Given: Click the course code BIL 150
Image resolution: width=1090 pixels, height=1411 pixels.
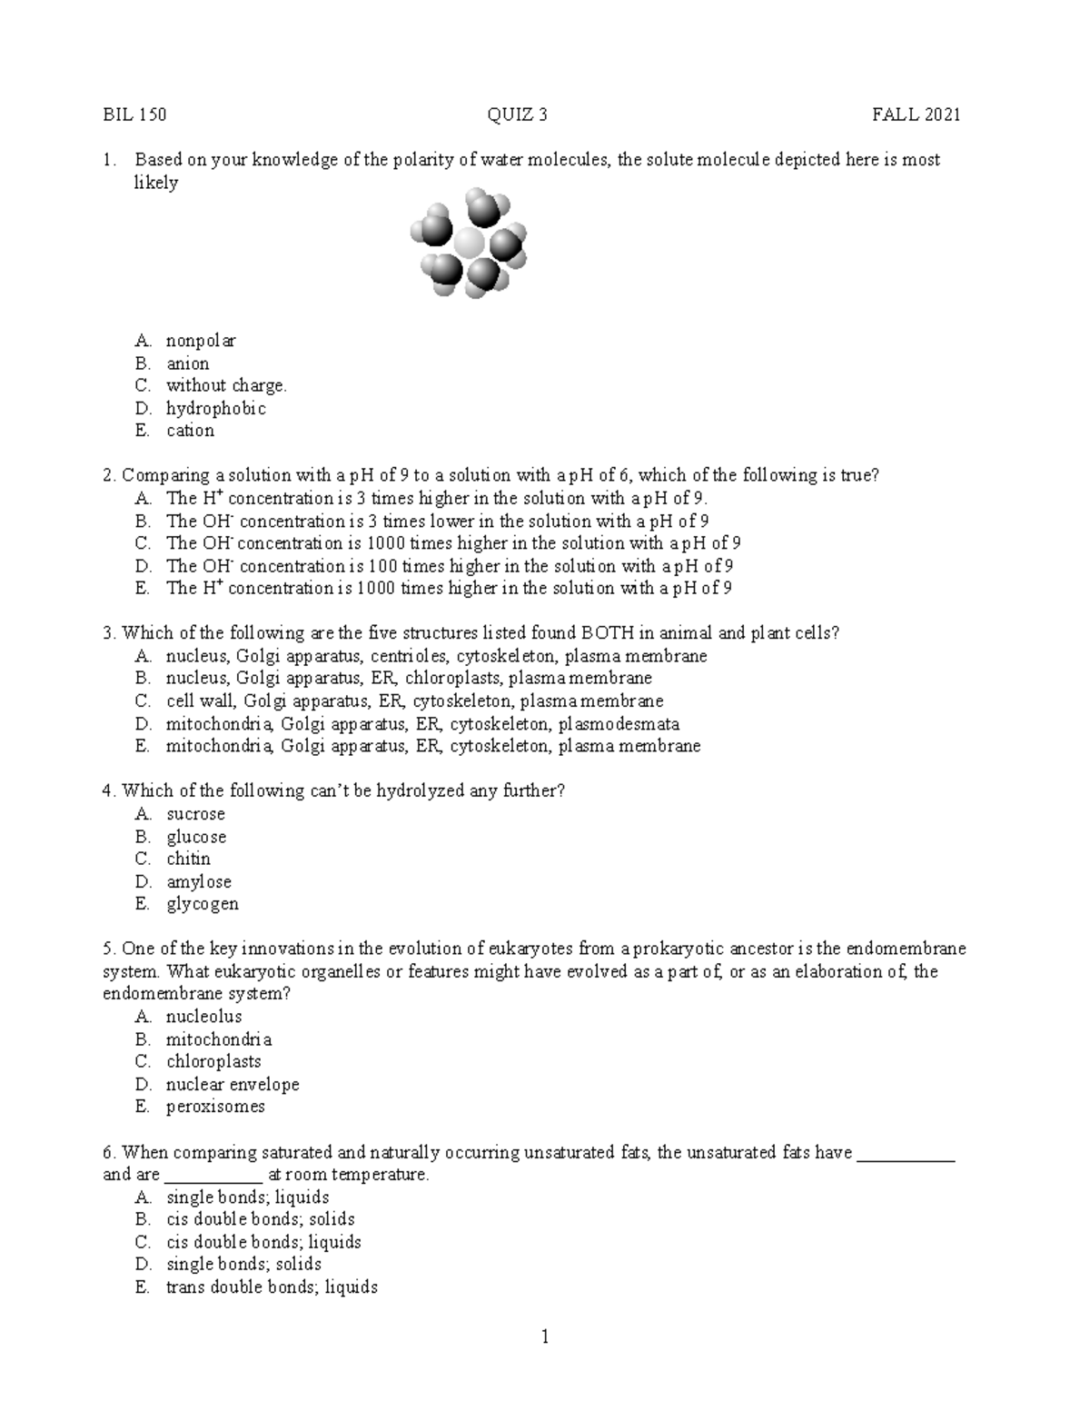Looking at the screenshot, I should (134, 114).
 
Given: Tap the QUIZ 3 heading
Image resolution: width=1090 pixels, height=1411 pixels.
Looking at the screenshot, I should (517, 114).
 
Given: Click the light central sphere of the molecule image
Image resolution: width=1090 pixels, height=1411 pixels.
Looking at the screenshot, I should (469, 243).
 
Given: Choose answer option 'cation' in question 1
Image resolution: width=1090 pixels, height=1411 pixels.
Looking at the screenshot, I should (190, 431).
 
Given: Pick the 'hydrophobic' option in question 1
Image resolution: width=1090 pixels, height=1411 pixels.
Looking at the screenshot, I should (215, 408).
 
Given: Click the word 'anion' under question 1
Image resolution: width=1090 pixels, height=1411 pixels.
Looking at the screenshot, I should (187, 363).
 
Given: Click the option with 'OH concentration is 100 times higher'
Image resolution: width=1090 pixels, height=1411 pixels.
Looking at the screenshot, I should (449, 566).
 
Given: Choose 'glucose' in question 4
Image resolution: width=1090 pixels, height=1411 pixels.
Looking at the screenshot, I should (196, 837).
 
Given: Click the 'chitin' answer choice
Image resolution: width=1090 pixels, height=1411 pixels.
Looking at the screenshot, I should (188, 859).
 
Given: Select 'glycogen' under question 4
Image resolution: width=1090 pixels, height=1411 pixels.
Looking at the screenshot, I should (202, 904).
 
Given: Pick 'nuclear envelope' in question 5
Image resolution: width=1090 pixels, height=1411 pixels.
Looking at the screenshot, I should (232, 1084).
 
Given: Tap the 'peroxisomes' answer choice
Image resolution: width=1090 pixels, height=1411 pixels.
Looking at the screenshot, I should (215, 1107).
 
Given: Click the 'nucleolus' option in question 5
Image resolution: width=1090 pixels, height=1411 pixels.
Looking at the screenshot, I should (203, 1017).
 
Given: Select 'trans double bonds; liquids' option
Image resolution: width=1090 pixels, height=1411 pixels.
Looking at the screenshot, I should (272, 1287).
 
